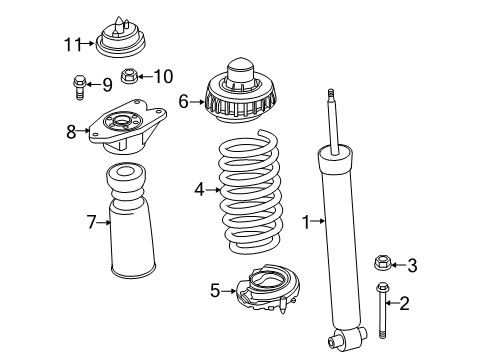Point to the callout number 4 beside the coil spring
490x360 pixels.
[200, 187]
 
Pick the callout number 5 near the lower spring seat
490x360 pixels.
[214, 291]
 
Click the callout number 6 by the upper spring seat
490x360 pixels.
[183, 100]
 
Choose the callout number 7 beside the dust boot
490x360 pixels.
[91, 222]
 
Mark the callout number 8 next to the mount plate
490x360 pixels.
[71, 130]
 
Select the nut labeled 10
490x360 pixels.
[130, 75]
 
